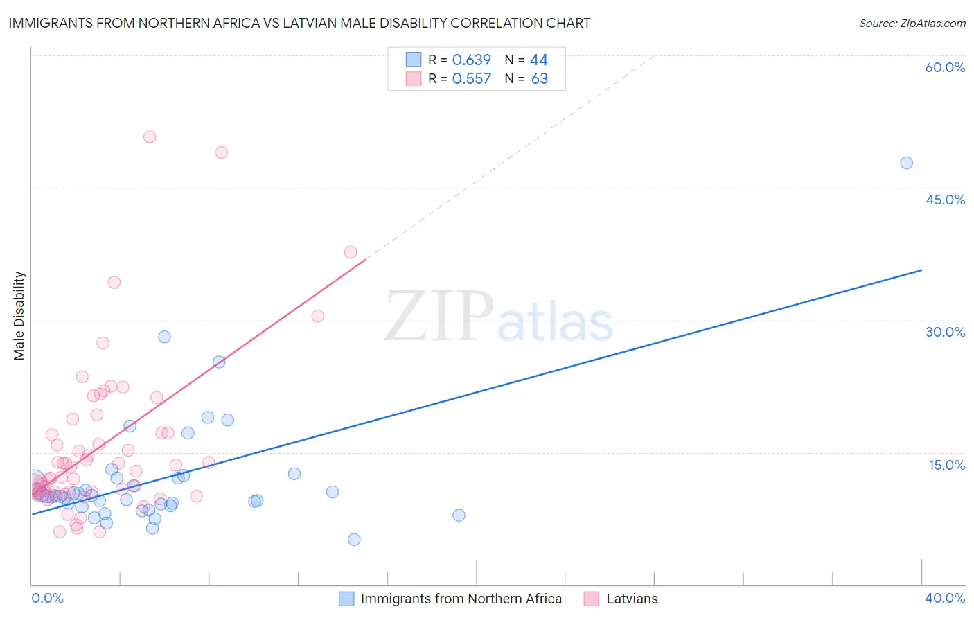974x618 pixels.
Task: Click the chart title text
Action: [299, 23]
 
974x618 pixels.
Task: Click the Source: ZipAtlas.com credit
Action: [912, 23]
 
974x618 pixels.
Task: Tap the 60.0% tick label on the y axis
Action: [945, 67]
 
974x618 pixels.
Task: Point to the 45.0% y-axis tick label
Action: [945, 200]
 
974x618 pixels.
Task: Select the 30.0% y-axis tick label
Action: [945, 332]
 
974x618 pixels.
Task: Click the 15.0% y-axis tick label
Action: [946, 465]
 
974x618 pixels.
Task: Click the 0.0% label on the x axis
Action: [47, 598]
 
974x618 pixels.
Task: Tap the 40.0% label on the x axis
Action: [945, 598]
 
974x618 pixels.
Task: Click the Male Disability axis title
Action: [19, 315]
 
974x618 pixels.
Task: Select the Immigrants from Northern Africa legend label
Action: [461, 599]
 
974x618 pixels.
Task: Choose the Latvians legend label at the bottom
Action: [632, 599]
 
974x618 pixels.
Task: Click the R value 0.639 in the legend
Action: [471, 60]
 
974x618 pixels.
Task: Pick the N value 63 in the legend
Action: [539, 79]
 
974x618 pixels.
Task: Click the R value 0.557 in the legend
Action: [471, 79]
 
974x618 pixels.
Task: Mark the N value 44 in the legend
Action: [538, 60]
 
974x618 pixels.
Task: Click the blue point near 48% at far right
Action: [906, 163]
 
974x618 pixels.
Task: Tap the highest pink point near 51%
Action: [150, 137]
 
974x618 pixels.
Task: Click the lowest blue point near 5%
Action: [354, 540]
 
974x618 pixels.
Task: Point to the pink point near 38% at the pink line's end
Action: [351, 252]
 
